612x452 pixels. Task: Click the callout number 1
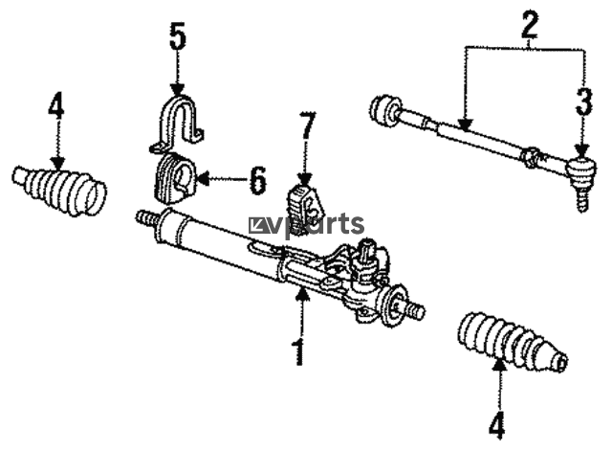coord(299,351)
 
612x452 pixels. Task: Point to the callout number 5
coord(177,37)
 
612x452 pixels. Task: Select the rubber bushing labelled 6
coord(177,178)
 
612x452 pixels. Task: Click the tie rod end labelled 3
coord(579,177)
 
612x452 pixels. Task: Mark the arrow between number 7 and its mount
coord(305,167)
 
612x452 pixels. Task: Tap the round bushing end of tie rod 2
coord(384,109)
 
